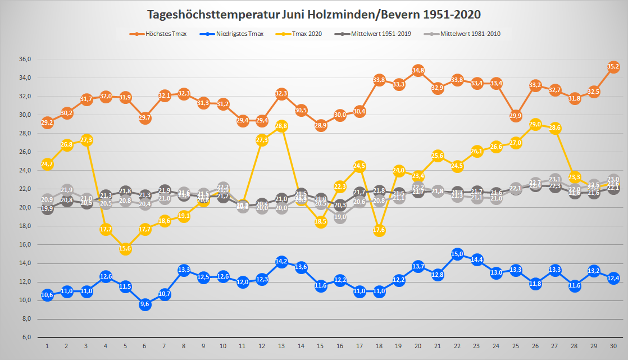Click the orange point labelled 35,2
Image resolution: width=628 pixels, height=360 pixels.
point(613,67)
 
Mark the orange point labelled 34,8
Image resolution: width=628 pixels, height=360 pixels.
point(418,70)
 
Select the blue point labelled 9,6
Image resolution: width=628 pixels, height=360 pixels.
point(145,304)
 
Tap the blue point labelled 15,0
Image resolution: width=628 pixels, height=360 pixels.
point(457,254)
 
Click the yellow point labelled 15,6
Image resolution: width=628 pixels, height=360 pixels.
point(125,248)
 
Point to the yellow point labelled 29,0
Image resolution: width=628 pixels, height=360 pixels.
point(535,124)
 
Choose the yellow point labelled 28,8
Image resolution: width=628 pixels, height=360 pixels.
point(281,126)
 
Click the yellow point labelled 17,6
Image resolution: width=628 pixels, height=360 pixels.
point(379,230)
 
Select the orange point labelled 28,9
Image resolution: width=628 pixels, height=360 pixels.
point(321,125)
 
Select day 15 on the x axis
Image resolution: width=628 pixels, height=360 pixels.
point(321,347)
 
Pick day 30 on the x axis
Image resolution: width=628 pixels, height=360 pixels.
point(613,347)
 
